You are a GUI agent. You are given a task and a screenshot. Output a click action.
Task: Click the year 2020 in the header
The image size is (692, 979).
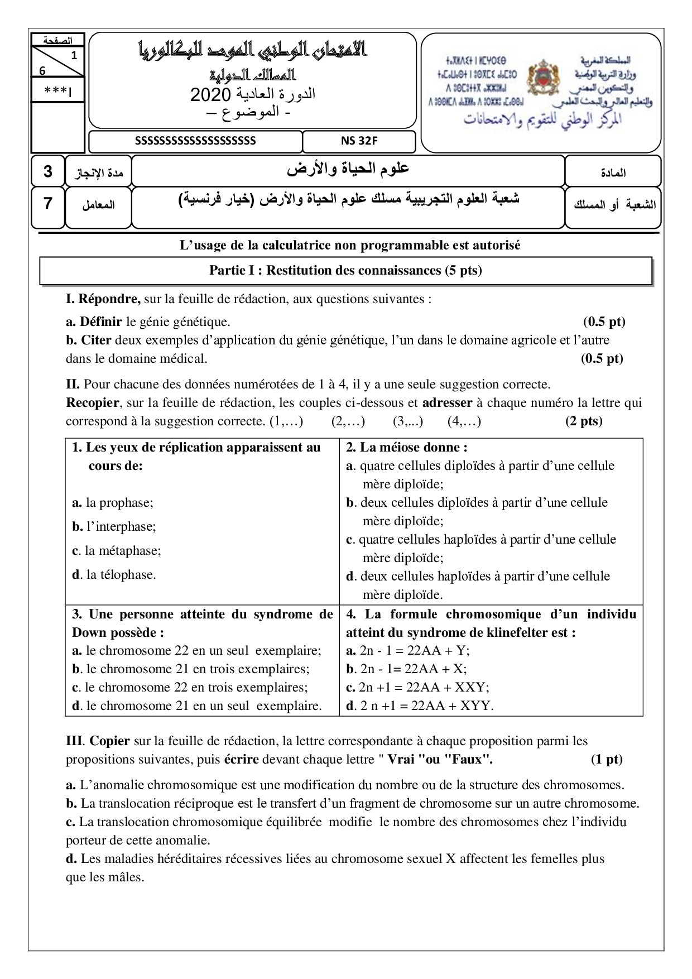pos(206,95)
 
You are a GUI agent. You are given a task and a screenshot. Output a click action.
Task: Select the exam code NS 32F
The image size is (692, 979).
pos(359,141)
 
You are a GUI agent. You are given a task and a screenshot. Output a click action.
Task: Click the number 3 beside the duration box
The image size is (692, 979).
pos(47,171)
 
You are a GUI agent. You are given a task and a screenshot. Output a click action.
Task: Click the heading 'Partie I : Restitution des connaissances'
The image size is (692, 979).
pos(345,271)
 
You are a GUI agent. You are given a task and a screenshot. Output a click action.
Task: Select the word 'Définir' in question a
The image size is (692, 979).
pos(100,321)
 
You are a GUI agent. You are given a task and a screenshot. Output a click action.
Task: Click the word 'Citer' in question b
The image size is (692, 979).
pos(96,340)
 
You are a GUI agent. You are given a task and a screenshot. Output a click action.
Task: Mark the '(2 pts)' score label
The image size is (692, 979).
pos(583,421)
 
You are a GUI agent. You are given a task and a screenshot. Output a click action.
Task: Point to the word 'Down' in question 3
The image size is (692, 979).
pos(89,632)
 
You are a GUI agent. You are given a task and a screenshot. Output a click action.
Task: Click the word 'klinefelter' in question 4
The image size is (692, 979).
pos(514,632)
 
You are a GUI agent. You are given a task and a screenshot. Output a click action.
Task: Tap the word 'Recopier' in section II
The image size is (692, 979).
pos(92,402)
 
